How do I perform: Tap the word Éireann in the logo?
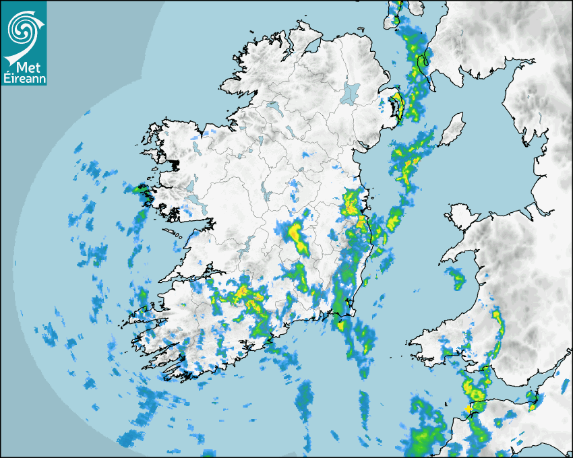[24, 79]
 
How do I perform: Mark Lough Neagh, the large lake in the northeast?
[350, 93]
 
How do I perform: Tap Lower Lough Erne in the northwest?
[272, 107]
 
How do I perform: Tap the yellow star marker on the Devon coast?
[469, 408]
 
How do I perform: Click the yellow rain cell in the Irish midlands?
[295, 234]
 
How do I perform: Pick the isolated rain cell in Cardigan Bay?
[457, 276]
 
